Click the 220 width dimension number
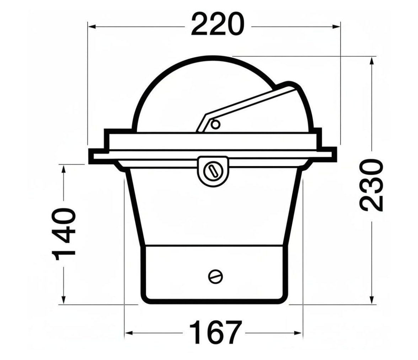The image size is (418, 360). [x=218, y=25]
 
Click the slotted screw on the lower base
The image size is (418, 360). [x=215, y=276]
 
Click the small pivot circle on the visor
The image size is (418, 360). [x=215, y=125]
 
